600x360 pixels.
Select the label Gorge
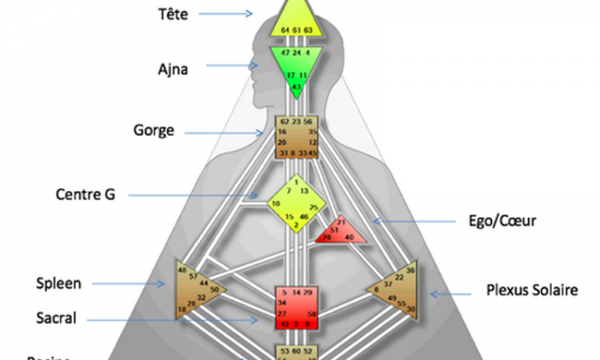tap(154, 130)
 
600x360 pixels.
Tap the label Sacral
tap(56, 318)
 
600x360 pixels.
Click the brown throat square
tap(296, 137)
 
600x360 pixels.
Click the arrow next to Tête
tap(226, 14)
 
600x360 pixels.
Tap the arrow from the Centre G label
tap(192, 194)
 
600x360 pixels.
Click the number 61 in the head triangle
tap(296, 30)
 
